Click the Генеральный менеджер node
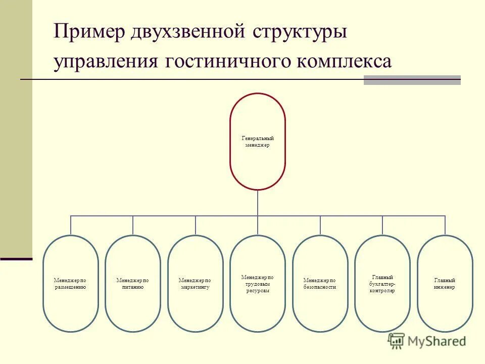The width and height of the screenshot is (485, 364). [x=258, y=142]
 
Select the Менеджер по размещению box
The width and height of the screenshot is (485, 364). [x=70, y=283]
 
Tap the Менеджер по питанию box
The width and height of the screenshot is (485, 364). [x=133, y=283]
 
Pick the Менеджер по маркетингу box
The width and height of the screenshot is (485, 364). [x=195, y=283]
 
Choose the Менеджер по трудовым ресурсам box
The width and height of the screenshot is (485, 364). [x=258, y=284]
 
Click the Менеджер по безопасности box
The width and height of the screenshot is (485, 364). [x=320, y=283]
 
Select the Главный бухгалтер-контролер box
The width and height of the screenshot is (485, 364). [x=382, y=284]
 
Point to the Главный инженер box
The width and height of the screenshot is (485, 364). [x=445, y=283]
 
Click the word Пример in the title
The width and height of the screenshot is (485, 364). [x=88, y=32]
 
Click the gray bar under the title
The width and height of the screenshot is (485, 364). [x=412, y=80]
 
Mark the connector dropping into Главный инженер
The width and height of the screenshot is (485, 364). [x=445, y=225]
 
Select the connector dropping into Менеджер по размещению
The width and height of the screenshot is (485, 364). [x=71, y=225]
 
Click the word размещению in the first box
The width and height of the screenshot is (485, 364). [x=70, y=287]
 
